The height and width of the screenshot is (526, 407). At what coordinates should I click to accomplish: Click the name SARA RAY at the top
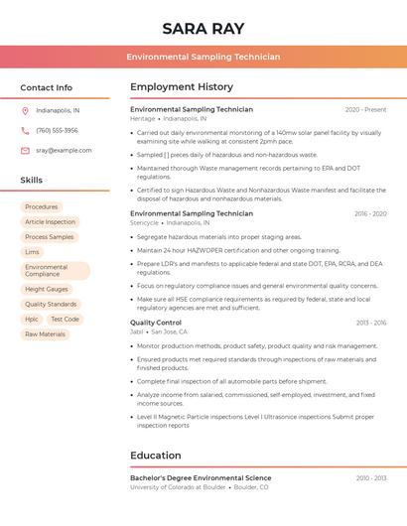tap(203, 28)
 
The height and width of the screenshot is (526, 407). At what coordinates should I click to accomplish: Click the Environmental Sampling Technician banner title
tap(203, 58)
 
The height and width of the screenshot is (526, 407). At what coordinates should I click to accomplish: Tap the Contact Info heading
tap(47, 87)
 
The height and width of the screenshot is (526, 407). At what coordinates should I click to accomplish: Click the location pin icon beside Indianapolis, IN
tap(25, 110)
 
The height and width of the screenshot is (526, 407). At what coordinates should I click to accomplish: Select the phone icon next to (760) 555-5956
tap(25, 130)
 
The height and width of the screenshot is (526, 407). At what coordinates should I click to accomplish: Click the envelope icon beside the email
tap(25, 151)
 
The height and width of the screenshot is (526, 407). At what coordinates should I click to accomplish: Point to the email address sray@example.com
tap(64, 151)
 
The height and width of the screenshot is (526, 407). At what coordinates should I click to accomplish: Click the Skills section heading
tap(32, 181)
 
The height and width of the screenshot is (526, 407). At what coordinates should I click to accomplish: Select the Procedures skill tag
tap(42, 207)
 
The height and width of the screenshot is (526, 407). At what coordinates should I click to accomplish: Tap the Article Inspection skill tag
tap(50, 222)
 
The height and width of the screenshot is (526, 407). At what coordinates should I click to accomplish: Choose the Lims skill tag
tap(33, 252)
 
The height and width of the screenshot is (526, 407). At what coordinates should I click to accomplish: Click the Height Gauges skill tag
tap(47, 290)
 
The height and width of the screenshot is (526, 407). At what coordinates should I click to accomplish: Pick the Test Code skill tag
tap(65, 320)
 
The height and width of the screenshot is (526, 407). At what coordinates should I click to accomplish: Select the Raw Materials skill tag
tap(45, 334)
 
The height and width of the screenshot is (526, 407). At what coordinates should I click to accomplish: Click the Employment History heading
tap(182, 87)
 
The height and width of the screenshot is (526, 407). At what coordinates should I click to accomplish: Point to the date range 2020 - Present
tap(365, 109)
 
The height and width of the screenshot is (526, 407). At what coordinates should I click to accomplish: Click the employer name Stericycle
tap(144, 223)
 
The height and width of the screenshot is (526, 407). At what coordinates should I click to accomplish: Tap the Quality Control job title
tap(156, 323)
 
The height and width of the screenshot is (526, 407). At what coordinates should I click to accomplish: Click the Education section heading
tap(156, 456)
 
